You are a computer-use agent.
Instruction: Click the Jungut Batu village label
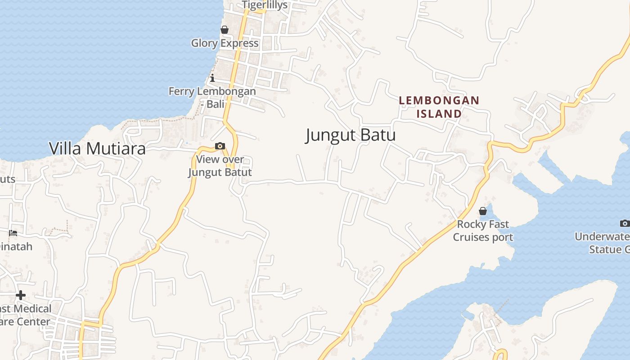click(x=351, y=135)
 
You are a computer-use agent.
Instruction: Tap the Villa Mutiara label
click(x=97, y=148)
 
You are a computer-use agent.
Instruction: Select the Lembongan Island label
click(x=439, y=107)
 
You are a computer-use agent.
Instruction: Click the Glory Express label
click(x=225, y=43)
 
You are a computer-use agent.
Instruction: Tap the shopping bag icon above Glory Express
click(x=224, y=30)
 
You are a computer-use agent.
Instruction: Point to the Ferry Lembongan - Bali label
click(x=212, y=98)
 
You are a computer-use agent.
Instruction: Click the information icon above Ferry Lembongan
click(x=212, y=78)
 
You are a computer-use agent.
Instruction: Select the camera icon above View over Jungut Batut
click(x=220, y=146)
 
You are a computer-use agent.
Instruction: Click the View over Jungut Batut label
click(x=220, y=166)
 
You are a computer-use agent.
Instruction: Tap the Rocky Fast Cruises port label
click(x=483, y=230)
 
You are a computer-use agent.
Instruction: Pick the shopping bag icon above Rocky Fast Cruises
click(x=483, y=211)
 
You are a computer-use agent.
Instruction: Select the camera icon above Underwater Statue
click(x=625, y=223)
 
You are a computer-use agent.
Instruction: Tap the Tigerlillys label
click(x=265, y=5)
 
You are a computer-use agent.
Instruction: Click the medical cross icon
click(x=21, y=295)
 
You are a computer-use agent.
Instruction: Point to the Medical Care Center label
click(x=25, y=315)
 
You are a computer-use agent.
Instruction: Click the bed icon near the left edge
click(x=13, y=233)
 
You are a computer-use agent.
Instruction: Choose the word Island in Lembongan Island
click(x=439, y=113)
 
